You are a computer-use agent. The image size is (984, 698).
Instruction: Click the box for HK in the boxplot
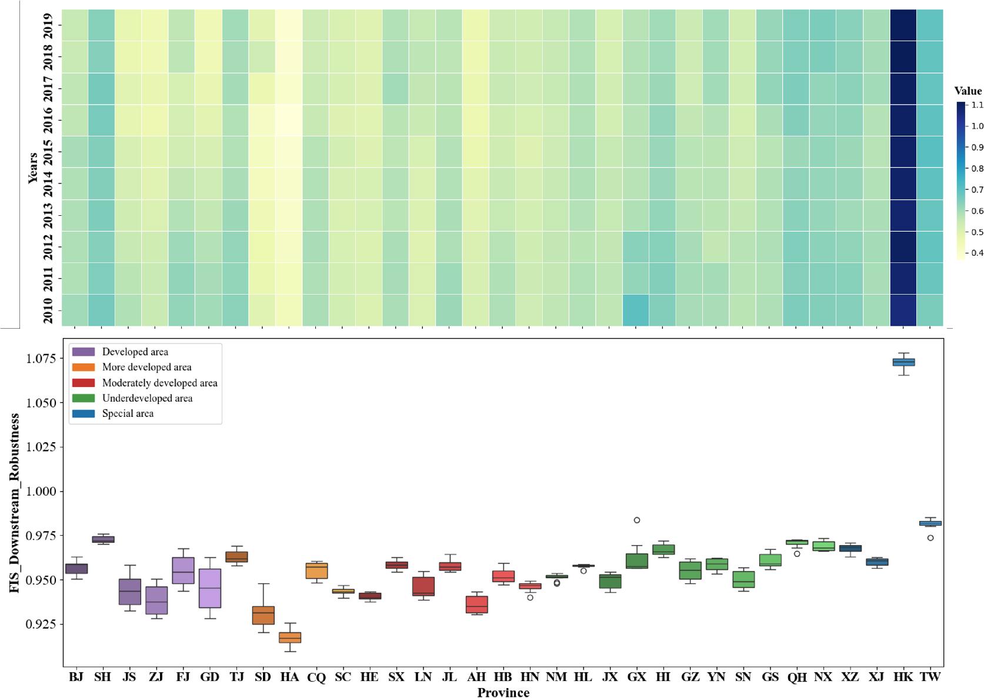[903, 362]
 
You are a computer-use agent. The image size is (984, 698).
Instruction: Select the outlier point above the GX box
[636, 520]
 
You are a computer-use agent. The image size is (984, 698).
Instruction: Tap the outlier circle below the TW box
[930, 538]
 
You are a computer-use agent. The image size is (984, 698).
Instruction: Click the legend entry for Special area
[128, 413]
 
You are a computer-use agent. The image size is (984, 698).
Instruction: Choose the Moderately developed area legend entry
[159, 383]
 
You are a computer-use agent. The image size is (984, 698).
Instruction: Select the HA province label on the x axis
[289, 677]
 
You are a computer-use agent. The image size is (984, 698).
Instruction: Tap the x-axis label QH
[797, 677]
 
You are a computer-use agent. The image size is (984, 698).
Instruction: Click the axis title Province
[503, 692]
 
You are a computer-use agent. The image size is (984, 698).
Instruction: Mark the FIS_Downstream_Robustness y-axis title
[15, 503]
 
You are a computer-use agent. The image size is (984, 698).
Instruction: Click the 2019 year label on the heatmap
[48, 25]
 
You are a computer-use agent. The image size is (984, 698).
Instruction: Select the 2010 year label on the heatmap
[48, 310]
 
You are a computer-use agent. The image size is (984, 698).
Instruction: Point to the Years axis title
[33, 168]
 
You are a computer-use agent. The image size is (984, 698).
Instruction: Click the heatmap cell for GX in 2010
[636, 310]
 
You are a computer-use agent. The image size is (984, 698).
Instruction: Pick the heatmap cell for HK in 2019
[903, 25]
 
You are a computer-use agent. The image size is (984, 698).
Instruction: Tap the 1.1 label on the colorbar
[977, 105]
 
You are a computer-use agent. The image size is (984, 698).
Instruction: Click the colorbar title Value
[968, 91]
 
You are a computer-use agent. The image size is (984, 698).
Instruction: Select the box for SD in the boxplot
[263, 615]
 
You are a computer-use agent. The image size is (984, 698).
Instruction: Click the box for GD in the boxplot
[210, 588]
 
